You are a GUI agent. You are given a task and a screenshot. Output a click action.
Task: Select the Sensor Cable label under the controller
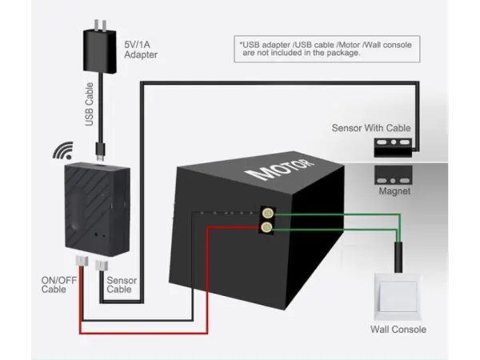[119, 284]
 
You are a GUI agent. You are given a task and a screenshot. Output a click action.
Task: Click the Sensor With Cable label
[371, 128]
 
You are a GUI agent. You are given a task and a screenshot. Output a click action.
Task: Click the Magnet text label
[394, 192]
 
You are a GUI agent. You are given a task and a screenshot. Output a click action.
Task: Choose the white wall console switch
[398, 296]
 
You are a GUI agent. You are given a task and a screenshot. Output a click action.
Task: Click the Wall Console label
[398, 330]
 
